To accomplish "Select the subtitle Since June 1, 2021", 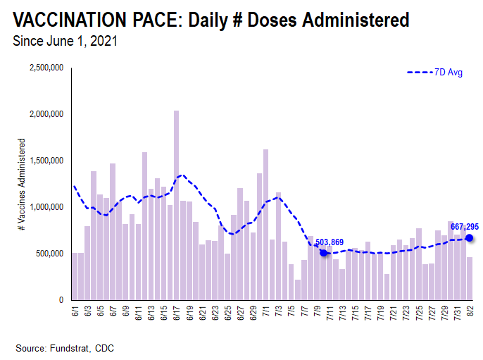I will [x=65, y=41].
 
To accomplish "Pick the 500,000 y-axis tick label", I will [x=51, y=254].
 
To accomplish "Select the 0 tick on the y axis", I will [x=63, y=300].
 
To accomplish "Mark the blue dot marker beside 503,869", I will [x=323, y=253].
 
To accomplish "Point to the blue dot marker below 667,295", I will [x=470, y=238].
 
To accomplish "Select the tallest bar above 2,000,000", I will [x=176, y=205].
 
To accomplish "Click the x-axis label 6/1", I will [x=74, y=311].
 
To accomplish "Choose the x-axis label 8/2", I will [x=470, y=311].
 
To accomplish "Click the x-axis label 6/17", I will [x=175, y=312].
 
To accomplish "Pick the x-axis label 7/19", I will [x=380, y=312].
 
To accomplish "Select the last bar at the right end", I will [x=470, y=278].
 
